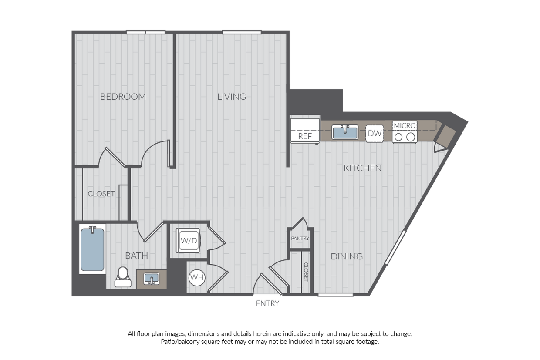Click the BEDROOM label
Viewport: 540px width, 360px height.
pyautogui.click(x=123, y=97)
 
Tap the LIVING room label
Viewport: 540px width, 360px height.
pyautogui.click(x=232, y=97)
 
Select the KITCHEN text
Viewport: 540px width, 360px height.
pyautogui.click(x=362, y=168)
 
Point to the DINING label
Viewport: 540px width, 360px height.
pyautogui.click(x=347, y=256)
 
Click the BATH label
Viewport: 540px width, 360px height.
pyautogui.click(x=136, y=256)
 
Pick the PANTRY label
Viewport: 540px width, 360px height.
pyautogui.click(x=300, y=239)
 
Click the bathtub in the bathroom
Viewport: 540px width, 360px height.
pyautogui.click(x=92, y=249)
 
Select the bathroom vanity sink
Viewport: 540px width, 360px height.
pyautogui.click(x=152, y=279)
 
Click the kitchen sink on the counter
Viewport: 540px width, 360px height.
pyautogui.click(x=345, y=132)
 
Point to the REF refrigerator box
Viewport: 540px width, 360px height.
pyautogui.click(x=305, y=130)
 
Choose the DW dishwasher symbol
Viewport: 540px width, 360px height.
pyautogui.click(x=375, y=133)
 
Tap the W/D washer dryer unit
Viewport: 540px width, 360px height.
pyautogui.click(x=188, y=240)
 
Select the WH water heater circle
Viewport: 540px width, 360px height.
pyautogui.click(x=197, y=277)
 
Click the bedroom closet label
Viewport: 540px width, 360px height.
pyautogui.click(x=101, y=194)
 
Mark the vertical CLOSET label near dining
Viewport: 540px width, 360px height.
pyautogui.click(x=306, y=272)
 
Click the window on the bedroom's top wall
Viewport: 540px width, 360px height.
pyautogui.click(x=145, y=32)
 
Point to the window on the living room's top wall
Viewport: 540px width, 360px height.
pyautogui.click(x=242, y=32)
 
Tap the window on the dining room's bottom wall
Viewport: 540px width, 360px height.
pyautogui.click(x=335, y=295)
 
